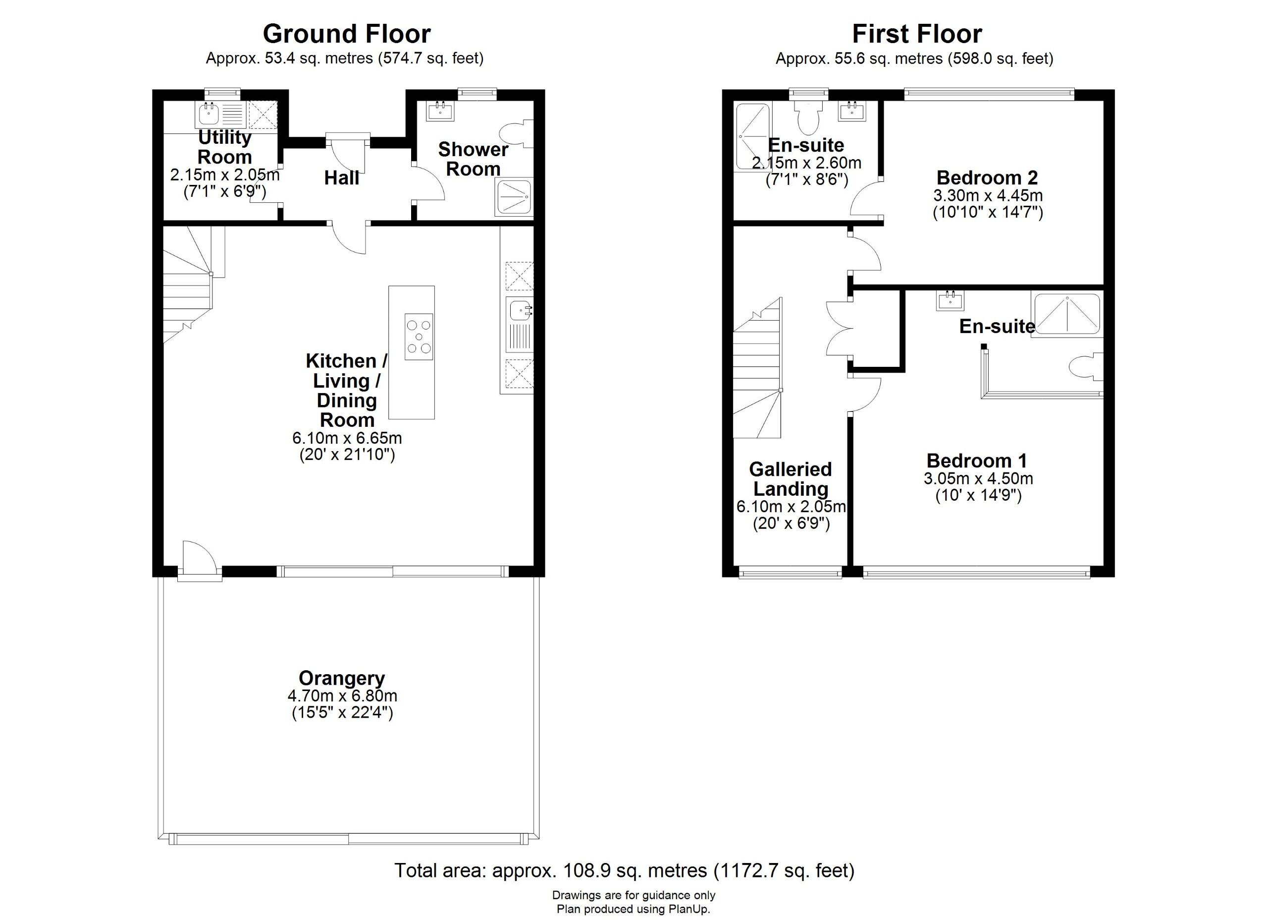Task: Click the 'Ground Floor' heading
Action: coord(347,34)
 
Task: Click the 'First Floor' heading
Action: coord(917,34)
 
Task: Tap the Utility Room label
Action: coord(225,147)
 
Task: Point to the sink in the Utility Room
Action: coord(209,114)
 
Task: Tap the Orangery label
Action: coord(342,679)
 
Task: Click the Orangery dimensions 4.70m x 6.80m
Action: coord(342,696)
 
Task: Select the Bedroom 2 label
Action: coord(987,177)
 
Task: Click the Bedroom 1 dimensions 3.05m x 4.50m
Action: coord(978,478)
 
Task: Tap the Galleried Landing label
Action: coord(791,479)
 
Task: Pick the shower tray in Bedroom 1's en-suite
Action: coord(1067,314)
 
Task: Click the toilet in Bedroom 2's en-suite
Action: coord(807,114)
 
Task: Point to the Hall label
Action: coord(342,178)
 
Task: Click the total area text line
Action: coord(625,870)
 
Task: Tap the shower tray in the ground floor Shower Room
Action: coord(514,197)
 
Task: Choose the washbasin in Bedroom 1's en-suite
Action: coord(951,300)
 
